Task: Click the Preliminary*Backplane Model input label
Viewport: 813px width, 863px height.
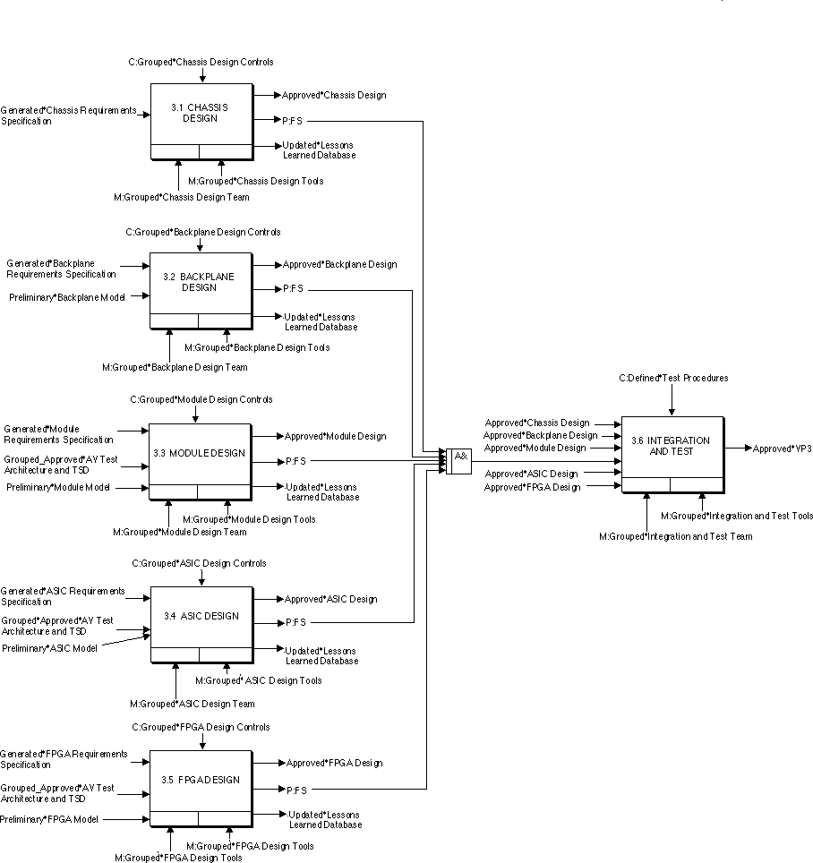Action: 67,296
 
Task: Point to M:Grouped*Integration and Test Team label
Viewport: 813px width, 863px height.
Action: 675,536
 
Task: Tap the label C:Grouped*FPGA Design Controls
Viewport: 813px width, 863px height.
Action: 201,727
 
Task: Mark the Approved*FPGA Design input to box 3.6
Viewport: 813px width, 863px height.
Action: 532,487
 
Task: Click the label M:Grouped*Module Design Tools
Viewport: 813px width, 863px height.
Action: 249,519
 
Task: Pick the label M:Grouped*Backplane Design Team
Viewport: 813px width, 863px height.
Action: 175,367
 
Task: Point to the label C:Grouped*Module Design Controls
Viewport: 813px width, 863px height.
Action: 201,399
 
